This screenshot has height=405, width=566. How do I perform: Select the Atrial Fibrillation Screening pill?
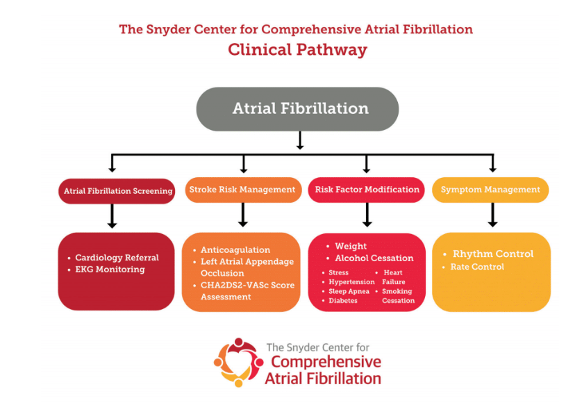click(117, 190)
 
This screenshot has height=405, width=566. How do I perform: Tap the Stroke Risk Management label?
click(242, 190)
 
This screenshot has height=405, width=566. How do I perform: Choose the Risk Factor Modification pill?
click(367, 190)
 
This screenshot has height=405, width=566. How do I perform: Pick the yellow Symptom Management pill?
click(490, 190)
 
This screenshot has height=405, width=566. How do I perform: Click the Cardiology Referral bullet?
click(117, 258)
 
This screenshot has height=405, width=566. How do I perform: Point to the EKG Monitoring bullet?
click(110, 270)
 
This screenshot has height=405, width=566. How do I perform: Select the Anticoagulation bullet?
click(235, 250)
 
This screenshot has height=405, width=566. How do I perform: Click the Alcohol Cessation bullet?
click(374, 258)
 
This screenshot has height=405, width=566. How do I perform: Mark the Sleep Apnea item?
click(349, 292)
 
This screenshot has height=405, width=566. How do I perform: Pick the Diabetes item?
click(343, 301)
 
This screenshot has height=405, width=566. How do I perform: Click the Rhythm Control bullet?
click(493, 254)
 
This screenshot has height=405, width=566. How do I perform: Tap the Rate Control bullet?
click(477, 267)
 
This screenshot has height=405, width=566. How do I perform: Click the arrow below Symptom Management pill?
click(492, 215)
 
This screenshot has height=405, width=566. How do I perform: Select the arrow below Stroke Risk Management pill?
click(243, 215)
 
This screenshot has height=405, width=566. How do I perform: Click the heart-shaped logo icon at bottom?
click(238, 361)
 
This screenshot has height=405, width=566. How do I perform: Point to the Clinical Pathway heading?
click(297, 50)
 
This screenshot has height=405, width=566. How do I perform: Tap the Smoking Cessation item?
click(398, 296)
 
